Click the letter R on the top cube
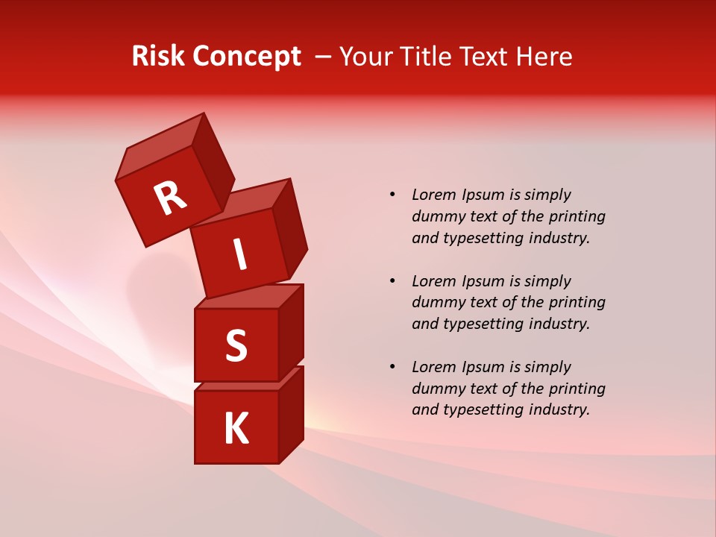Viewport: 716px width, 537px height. click(170, 198)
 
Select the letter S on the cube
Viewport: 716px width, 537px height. click(236, 346)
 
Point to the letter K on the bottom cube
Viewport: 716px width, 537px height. click(236, 429)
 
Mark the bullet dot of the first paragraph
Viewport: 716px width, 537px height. click(392, 195)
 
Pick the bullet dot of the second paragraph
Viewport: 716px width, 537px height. click(392, 281)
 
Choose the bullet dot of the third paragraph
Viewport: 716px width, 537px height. click(392, 367)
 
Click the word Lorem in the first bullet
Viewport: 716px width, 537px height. click(434, 195)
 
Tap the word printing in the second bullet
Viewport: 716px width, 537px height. click(577, 303)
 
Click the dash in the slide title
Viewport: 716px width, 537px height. click(323, 57)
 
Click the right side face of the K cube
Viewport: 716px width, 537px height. click(291, 414)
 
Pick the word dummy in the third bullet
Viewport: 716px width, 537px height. click(439, 389)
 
